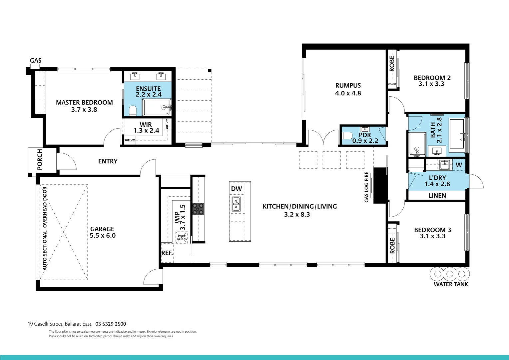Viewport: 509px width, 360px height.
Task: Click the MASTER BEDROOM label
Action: [84, 102]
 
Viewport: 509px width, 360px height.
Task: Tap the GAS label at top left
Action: [36, 60]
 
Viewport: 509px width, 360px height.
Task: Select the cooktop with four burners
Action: [198, 209]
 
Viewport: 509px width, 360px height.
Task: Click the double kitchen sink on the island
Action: [236, 204]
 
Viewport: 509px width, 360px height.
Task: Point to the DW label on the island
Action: [237, 189]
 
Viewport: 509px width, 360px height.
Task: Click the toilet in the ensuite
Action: [133, 111]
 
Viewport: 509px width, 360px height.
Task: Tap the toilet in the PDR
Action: [347, 136]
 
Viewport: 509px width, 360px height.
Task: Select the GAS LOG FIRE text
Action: [366, 187]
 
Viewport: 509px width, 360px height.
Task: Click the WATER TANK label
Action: [451, 284]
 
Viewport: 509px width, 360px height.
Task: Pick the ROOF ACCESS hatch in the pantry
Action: [182, 237]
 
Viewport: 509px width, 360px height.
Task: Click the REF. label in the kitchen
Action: [167, 253]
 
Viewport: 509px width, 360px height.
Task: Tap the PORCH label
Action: [40, 159]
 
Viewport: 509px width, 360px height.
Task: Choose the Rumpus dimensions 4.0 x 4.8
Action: [348, 93]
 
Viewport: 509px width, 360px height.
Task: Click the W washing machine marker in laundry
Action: [459, 165]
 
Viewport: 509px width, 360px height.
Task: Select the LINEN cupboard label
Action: [437, 196]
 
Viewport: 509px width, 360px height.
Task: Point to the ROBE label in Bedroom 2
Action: [392, 63]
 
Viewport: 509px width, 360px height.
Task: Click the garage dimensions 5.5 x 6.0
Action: [103, 235]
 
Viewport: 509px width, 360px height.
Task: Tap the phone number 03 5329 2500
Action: [111, 324]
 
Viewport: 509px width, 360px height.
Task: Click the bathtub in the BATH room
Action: [458, 133]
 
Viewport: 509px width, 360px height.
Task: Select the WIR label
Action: [146, 125]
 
